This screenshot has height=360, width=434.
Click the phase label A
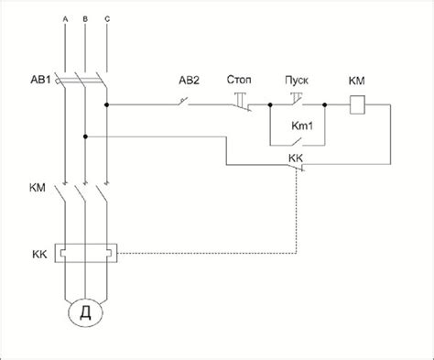[65, 19]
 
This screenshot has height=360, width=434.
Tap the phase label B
[85, 19]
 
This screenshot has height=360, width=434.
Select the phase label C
[107, 19]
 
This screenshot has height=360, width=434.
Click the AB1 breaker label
[40, 80]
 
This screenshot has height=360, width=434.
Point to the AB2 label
[189, 81]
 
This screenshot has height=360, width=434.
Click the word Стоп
[239, 80]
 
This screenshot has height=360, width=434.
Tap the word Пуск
[297, 81]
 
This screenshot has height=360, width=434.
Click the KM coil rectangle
[357, 104]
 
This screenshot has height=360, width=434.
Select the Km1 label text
[302, 125]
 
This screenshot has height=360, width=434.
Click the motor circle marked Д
[85, 313]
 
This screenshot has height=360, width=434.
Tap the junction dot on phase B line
[85, 136]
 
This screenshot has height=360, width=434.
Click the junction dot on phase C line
[106, 104]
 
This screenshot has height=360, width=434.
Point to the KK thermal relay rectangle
[86, 253]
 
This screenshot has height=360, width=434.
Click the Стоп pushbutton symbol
[241, 103]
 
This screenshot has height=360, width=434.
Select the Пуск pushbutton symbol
[297, 99]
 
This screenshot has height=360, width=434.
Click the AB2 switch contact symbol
[183, 102]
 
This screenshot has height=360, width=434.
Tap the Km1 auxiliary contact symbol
[297, 142]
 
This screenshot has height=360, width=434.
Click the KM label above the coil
[356, 81]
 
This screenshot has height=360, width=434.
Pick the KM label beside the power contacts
[38, 188]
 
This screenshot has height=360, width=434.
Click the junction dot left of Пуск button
[270, 104]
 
